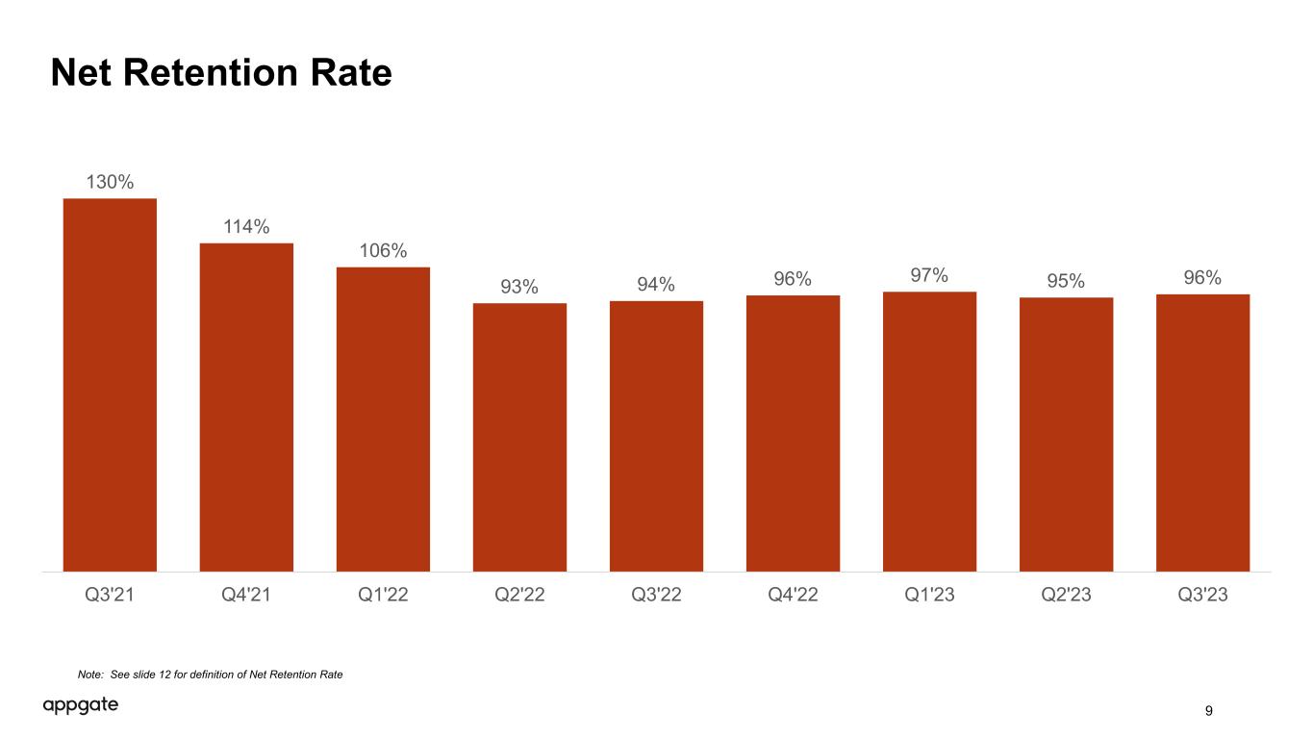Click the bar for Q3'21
(110, 385)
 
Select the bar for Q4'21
(246, 407)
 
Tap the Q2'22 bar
(519, 437)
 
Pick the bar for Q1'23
(929, 431)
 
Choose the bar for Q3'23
(1202, 433)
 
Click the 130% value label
(110, 182)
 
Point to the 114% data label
(246, 226)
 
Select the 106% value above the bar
(383, 250)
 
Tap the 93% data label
(519, 286)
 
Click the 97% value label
(929, 274)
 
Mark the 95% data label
(1066, 281)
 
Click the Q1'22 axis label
(383, 595)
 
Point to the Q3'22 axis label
(656, 595)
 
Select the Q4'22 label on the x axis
(793, 595)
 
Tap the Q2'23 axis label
(1066, 595)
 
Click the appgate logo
(80, 705)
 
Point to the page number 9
(1208, 711)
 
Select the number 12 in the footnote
(164, 675)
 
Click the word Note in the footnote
(90, 675)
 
